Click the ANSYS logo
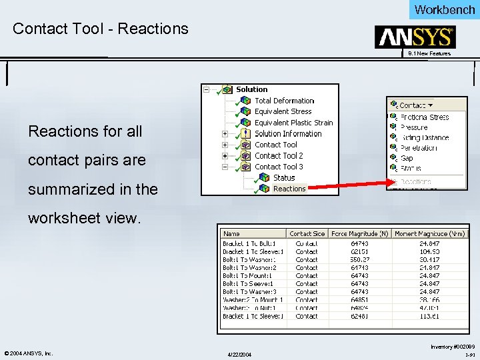pos(415,37)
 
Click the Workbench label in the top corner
pos(444,9)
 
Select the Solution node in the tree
pos(251,89)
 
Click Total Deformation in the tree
pos(284,101)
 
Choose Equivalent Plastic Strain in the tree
pos(293,123)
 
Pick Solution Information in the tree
pos(288,134)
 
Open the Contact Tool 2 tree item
pos(279,156)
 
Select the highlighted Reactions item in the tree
pos(289,189)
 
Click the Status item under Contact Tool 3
pos(284,178)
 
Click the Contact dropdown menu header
pos(415,105)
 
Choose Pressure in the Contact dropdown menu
pos(414,127)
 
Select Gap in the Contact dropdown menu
pos(407,159)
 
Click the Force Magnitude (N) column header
pos(359,234)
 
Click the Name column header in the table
pos(232,234)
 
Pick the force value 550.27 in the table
pos(361,260)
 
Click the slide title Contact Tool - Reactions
pos(101,29)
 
